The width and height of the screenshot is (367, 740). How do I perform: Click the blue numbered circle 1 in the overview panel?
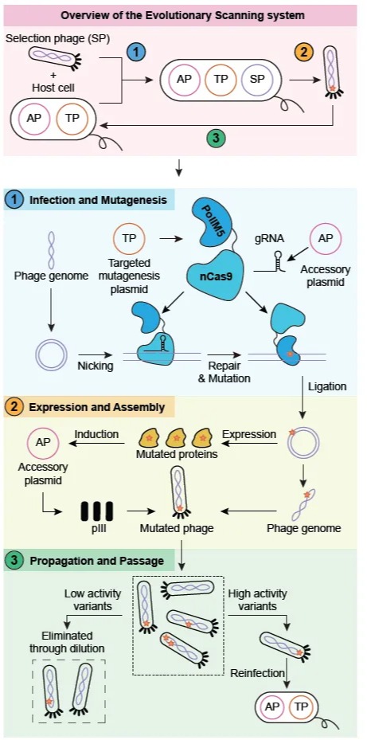click(x=136, y=53)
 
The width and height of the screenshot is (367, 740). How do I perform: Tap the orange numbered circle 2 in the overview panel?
click(x=304, y=52)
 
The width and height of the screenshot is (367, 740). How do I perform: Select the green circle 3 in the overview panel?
click(x=215, y=138)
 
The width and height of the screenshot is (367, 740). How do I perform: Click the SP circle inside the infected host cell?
click(x=257, y=80)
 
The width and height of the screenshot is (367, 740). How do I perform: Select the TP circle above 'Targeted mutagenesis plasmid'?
click(x=128, y=239)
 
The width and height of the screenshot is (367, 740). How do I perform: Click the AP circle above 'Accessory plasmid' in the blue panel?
click(x=325, y=239)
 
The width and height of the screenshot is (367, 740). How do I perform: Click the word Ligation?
click(x=327, y=386)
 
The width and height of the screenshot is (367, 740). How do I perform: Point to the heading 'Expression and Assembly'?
click(x=96, y=407)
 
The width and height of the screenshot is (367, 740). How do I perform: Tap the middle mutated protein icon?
click(x=175, y=438)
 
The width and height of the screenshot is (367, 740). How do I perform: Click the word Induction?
click(x=96, y=433)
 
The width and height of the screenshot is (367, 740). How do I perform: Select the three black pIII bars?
click(x=96, y=511)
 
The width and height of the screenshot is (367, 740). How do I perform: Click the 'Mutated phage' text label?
click(x=177, y=528)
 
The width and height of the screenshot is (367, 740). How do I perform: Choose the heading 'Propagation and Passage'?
click(x=96, y=561)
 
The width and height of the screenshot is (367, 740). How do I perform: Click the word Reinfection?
click(x=258, y=673)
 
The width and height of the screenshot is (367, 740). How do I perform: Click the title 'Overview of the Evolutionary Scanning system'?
click(x=182, y=15)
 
